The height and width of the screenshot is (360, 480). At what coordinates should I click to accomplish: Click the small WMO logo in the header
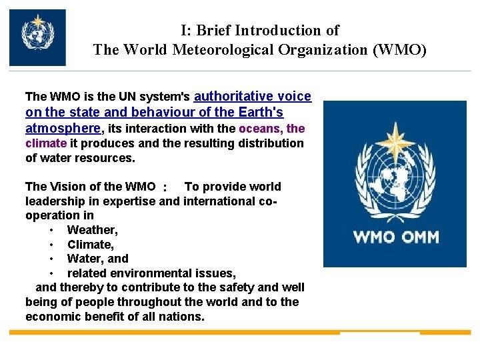37,37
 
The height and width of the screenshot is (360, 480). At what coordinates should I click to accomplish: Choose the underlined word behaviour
152,112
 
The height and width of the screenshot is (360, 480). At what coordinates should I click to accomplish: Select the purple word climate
46,143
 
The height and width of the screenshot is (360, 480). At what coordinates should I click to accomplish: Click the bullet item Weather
93,230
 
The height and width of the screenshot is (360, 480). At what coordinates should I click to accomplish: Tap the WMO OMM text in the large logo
395,237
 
